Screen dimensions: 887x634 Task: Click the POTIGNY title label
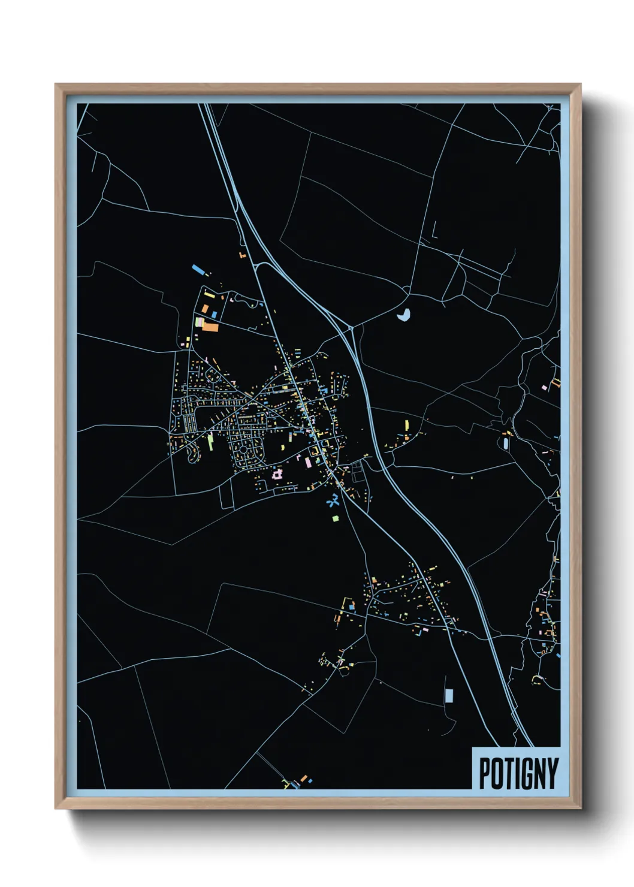pyautogui.click(x=518, y=773)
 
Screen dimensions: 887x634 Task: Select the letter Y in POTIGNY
pyautogui.click(x=551, y=774)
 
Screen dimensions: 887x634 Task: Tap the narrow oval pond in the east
pyautogui.click(x=506, y=444)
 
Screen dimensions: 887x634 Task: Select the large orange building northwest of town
pyautogui.click(x=210, y=327)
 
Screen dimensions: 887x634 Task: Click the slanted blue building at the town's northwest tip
pyautogui.click(x=197, y=269)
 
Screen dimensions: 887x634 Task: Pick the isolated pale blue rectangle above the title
pyautogui.click(x=449, y=696)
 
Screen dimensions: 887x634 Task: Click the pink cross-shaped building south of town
pyautogui.click(x=277, y=475)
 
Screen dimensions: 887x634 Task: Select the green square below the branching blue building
pyautogui.click(x=336, y=518)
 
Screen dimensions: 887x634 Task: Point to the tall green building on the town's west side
pyautogui.click(x=211, y=442)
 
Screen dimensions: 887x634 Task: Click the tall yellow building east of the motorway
pyautogui.click(x=407, y=425)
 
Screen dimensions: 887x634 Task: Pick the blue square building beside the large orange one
pyautogui.click(x=214, y=315)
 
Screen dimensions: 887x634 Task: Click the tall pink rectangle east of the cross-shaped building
pyautogui.click(x=309, y=462)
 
